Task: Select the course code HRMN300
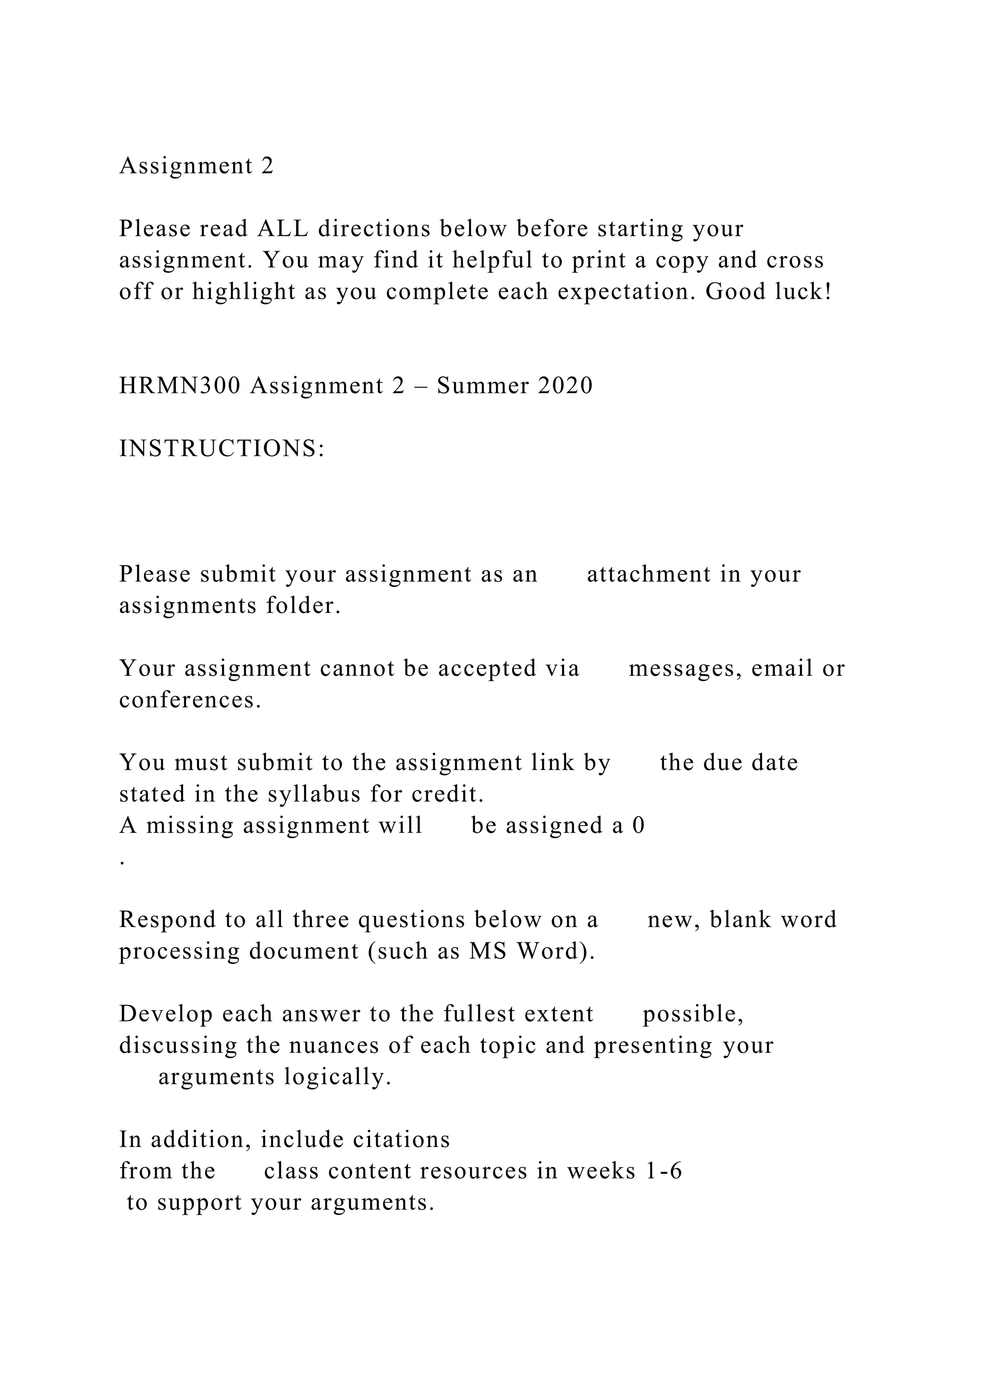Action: click(x=180, y=385)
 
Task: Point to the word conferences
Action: click(x=190, y=700)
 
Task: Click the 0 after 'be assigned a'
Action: click(x=639, y=825)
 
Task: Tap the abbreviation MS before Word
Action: click(x=488, y=951)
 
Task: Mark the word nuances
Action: click(x=334, y=1045)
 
